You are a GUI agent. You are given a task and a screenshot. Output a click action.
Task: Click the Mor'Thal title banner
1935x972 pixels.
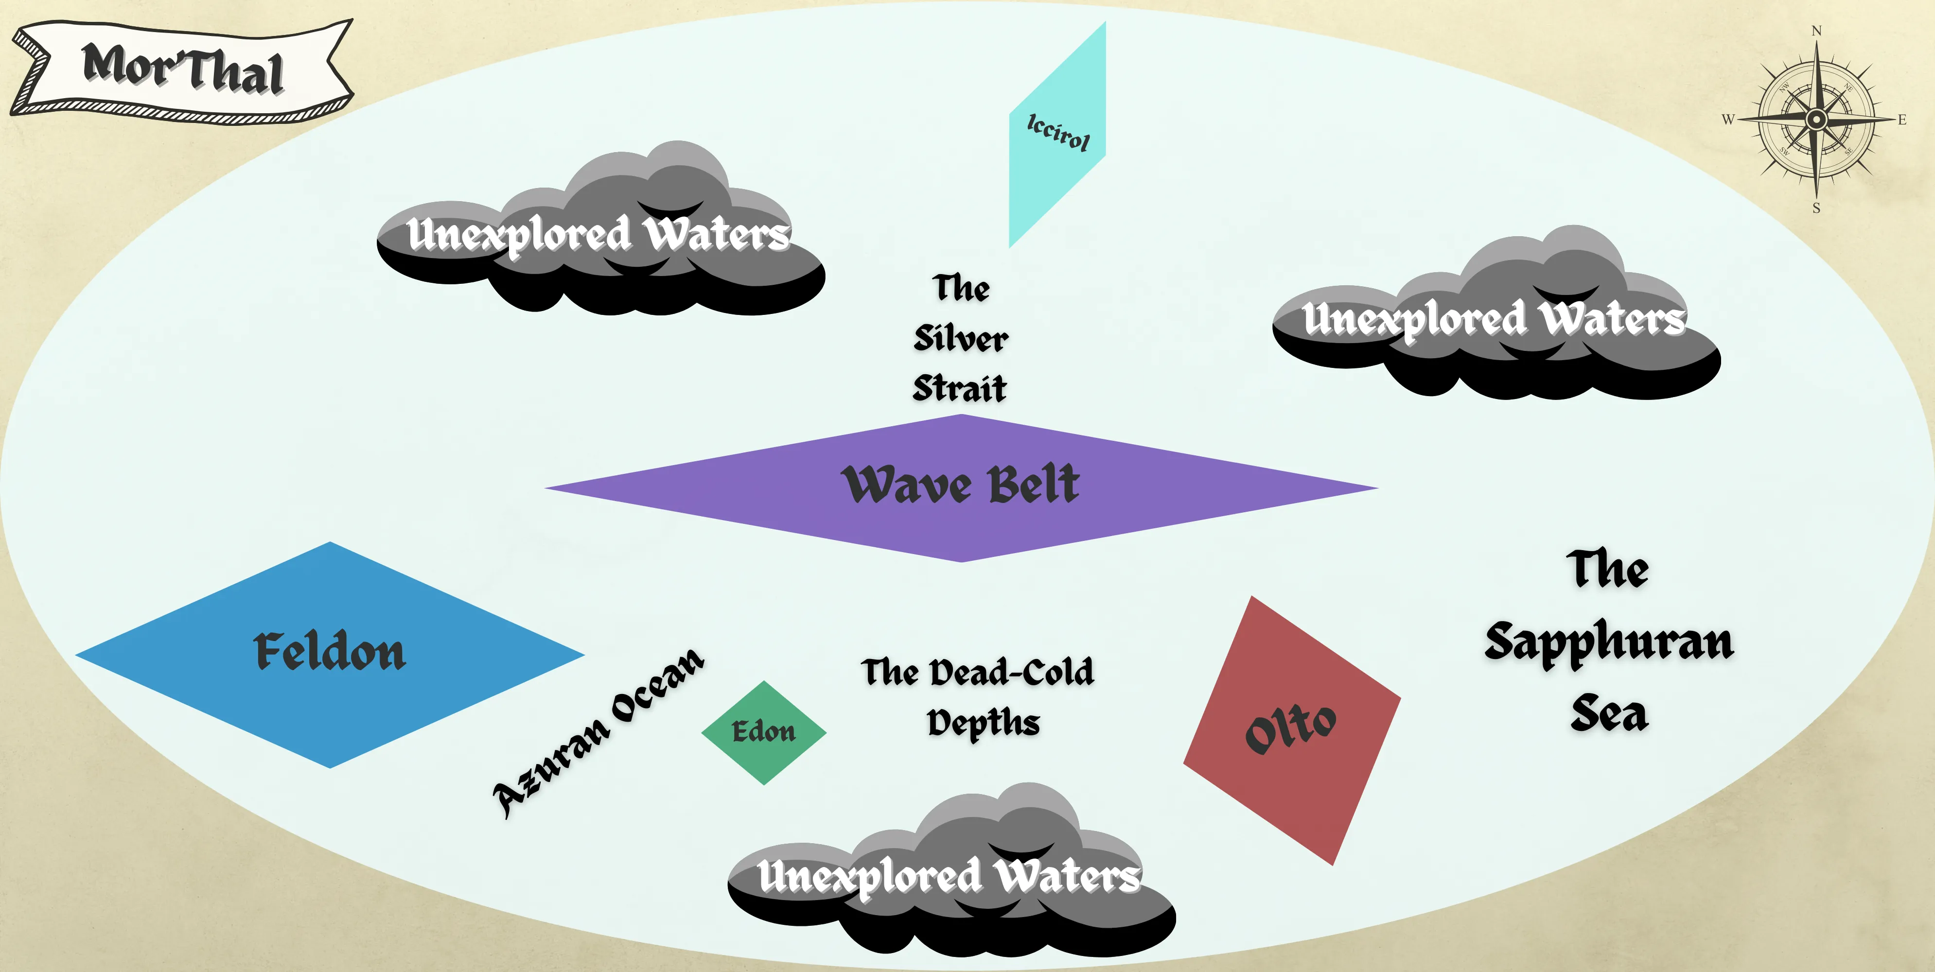click(182, 69)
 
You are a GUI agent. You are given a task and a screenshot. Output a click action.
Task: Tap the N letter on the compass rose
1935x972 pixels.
click(1816, 31)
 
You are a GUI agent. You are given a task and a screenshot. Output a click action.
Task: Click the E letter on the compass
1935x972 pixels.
click(1902, 120)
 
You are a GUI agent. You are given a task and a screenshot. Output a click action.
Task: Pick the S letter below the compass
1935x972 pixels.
click(1816, 208)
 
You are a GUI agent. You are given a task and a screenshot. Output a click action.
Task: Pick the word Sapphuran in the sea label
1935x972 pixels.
click(1609, 642)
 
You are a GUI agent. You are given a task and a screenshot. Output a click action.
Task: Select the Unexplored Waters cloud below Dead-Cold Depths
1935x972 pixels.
click(950, 876)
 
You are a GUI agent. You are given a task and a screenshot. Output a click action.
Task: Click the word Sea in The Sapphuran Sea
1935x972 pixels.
click(1609, 713)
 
